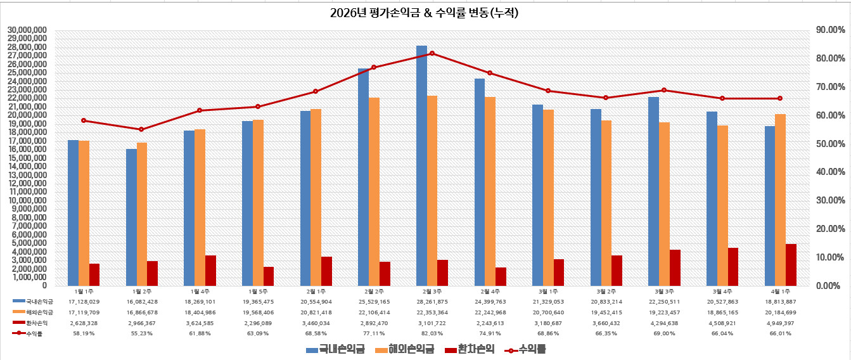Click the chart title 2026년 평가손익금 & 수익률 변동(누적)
coord(425,13)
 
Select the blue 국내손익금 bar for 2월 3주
coord(421,165)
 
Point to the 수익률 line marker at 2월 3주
coord(432,53)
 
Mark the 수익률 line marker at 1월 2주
coord(141,129)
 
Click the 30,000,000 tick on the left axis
coord(27,30)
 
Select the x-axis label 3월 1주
coord(548,291)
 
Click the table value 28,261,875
coord(432,302)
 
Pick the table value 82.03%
coord(432,333)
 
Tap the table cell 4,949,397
coord(781,323)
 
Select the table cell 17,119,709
coord(84,312)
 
